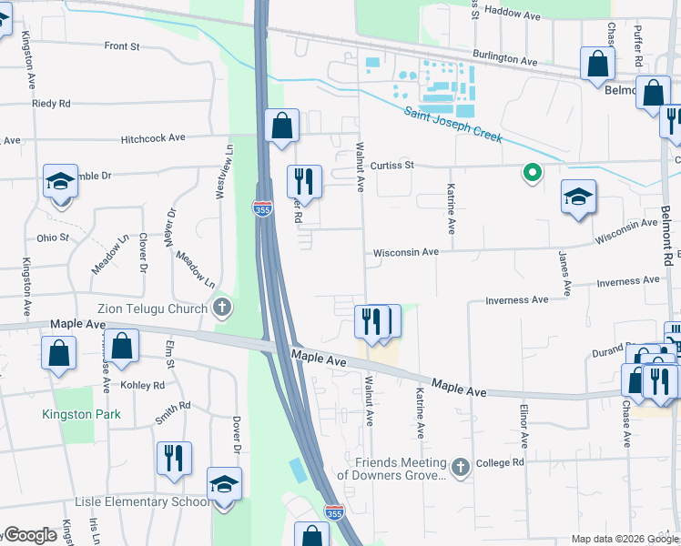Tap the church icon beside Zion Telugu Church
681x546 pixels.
[221, 309]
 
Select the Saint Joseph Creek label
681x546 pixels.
[452, 122]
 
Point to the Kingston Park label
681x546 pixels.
[81, 414]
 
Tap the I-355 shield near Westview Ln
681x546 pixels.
[262, 208]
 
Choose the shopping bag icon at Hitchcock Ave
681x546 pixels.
[282, 126]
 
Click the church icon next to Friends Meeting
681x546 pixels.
[461, 468]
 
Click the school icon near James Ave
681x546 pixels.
[578, 197]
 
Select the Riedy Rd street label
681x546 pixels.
[51, 104]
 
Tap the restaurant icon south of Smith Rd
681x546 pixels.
[173, 457]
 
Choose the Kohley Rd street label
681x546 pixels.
[146, 385]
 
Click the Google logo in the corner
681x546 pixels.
[29, 536]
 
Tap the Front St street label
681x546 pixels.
[122, 45]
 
